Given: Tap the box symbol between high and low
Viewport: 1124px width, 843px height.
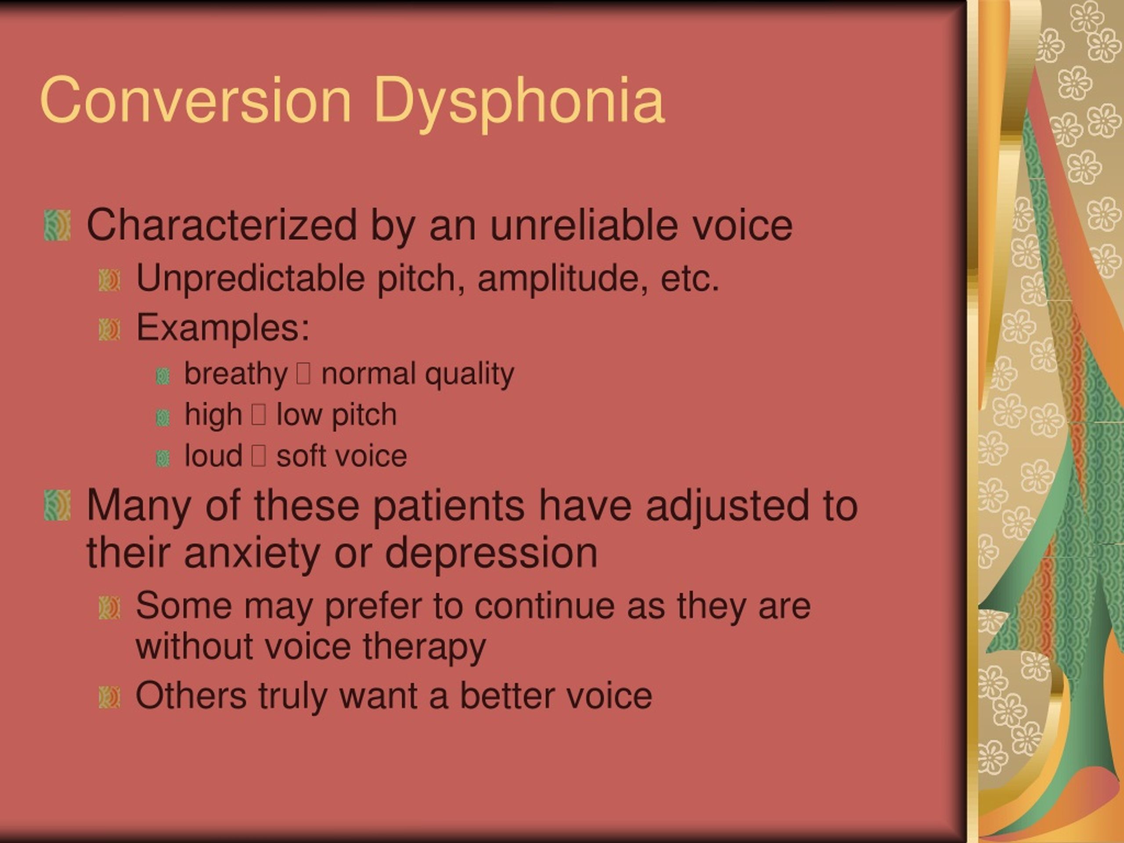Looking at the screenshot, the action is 259,414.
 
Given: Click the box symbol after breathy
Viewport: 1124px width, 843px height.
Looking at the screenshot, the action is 303,374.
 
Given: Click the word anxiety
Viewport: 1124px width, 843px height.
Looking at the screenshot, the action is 252,553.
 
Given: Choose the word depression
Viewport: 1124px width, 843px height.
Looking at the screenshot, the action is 491,553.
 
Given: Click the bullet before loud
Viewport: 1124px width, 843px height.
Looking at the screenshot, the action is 162,458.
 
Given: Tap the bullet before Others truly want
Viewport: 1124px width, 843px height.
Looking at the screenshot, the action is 110,697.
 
